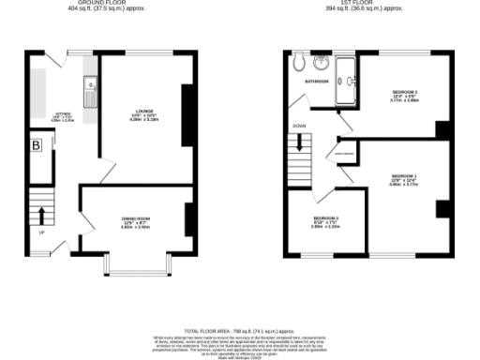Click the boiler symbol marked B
pyautogui.click(x=37, y=145)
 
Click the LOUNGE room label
pyautogui.click(x=143, y=113)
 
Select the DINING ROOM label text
pyautogui.click(x=137, y=221)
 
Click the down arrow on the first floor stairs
pyautogui.click(x=299, y=143)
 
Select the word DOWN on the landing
pyautogui.click(x=299, y=125)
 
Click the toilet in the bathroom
pyautogui.click(x=299, y=64)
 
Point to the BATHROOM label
pyautogui.click(x=316, y=82)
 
